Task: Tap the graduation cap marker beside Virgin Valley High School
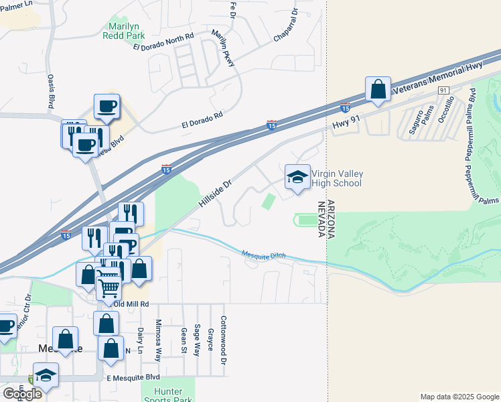(x=297, y=178)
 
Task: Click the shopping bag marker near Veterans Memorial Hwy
(x=378, y=90)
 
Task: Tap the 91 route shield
(x=443, y=90)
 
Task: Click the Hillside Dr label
(x=214, y=193)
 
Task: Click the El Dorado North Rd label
(x=163, y=42)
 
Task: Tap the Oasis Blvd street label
(x=51, y=91)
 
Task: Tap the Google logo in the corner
(x=22, y=394)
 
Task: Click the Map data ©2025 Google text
(x=459, y=397)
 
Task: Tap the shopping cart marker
(x=109, y=287)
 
